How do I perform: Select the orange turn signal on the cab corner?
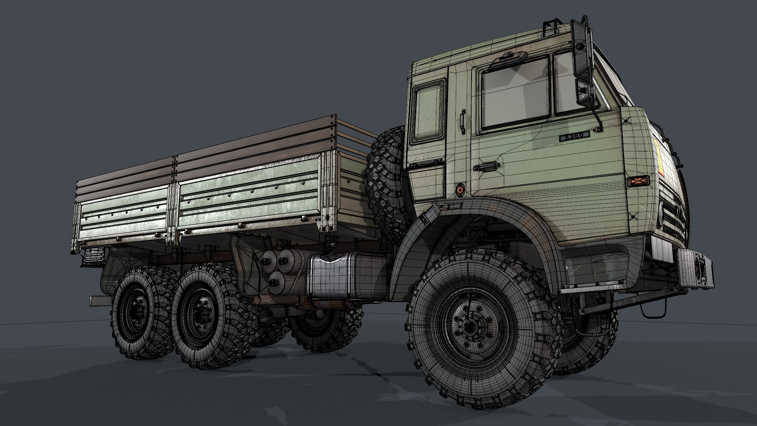click(x=638, y=181)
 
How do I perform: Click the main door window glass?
click(x=516, y=93)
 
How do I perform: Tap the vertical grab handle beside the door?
click(x=462, y=122)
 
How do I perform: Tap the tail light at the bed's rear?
click(x=93, y=256)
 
